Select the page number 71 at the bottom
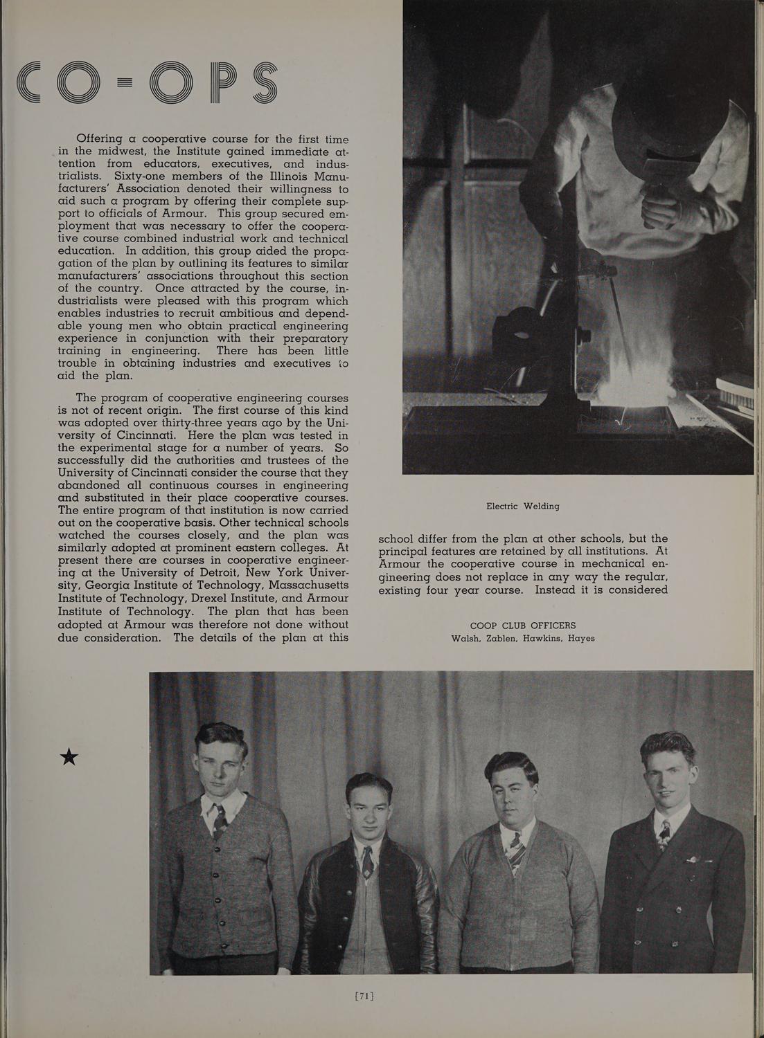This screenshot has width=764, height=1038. coord(364,996)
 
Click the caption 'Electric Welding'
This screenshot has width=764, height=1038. coord(522,506)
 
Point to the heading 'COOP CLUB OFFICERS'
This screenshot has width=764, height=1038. coord(522,626)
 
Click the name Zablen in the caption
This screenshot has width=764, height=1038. coord(501,638)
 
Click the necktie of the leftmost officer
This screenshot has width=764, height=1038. coord(220,820)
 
